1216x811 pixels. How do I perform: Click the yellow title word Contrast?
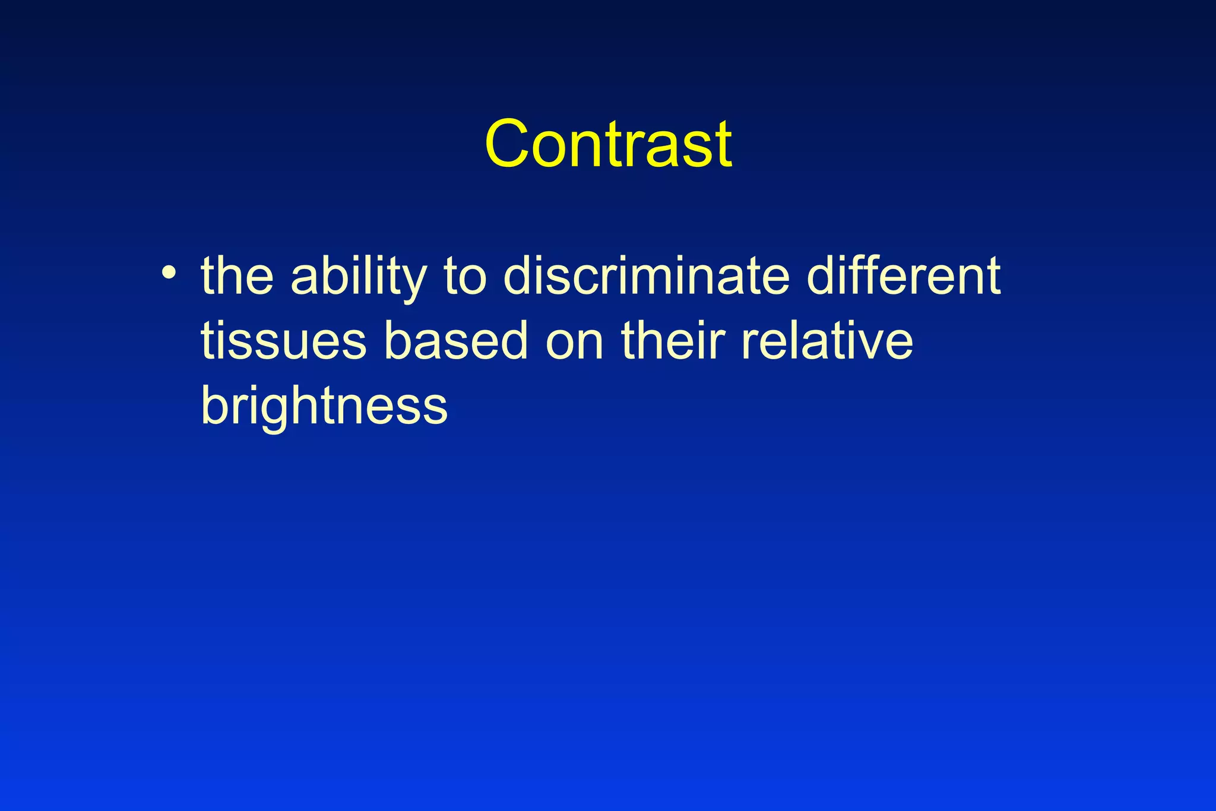pos(608,144)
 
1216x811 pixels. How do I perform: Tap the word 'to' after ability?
pos(465,277)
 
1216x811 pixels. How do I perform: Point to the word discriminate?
pos(647,276)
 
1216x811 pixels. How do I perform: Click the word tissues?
pos(283,342)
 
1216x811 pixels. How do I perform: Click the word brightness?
pos(324,407)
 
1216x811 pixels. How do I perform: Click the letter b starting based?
pos(398,341)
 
